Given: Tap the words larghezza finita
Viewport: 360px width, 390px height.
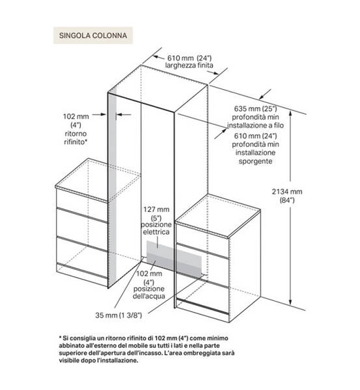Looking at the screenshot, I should pyautogui.click(x=189, y=66).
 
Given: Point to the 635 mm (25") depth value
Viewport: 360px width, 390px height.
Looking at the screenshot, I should pyautogui.click(x=255, y=109).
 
